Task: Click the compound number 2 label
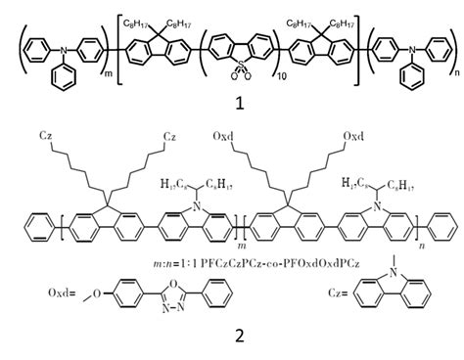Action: click(234, 337)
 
